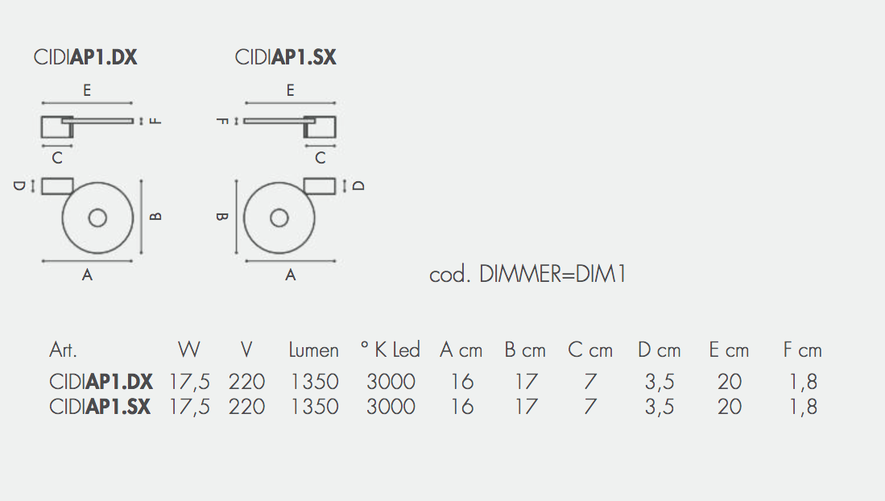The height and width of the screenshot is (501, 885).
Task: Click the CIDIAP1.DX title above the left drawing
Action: (85, 57)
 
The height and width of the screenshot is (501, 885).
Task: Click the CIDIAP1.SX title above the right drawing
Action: (285, 57)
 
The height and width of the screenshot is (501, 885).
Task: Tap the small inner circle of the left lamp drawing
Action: (97, 218)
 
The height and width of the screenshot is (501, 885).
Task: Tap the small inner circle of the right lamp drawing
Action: (279, 218)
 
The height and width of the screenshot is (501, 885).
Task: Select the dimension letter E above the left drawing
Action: (87, 91)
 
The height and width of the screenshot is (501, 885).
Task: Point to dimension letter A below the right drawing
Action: (291, 275)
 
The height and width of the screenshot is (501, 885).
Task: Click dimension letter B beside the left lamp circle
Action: (157, 216)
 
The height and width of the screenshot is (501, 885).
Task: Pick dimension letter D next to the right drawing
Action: (359, 185)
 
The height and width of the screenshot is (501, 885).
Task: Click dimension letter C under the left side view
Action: (57, 159)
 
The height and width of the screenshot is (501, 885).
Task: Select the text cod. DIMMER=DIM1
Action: (527, 275)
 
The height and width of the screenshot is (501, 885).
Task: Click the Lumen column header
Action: (313, 350)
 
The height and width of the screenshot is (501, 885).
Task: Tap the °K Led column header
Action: (390, 350)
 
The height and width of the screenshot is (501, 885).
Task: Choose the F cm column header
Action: (802, 350)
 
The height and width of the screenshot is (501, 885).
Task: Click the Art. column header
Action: (63, 350)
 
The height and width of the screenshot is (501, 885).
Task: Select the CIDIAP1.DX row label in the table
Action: (101, 382)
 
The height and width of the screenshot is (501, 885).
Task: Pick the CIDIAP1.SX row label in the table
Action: (100, 407)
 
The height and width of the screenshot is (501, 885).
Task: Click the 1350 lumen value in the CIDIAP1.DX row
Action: (315, 382)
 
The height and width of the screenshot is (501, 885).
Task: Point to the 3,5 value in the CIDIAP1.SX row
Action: (659, 407)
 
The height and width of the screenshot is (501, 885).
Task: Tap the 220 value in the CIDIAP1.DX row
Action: (246, 382)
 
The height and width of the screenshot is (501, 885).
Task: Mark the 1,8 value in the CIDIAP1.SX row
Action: (803, 407)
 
